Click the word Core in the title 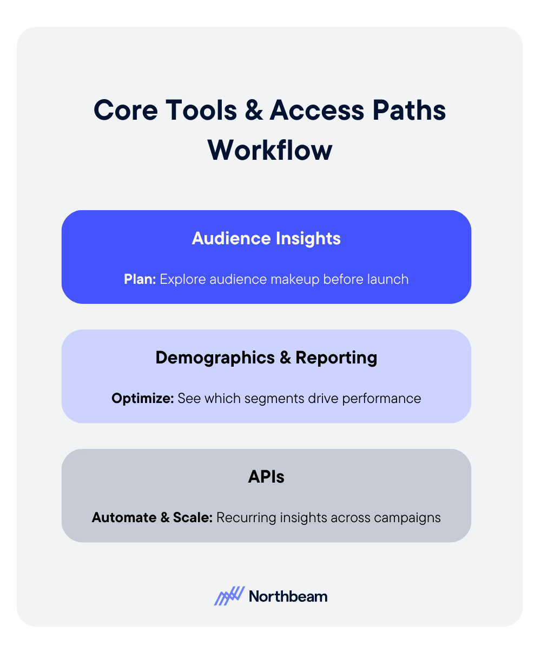[x=125, y=111]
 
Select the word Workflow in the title [x=269, y=149]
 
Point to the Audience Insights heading [x=266, y=238]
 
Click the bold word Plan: [x=140, y=279]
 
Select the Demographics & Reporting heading [x=266, y=357]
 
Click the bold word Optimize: [x=143, y=399]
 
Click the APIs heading [x=266, y=477]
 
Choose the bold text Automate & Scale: [x=153, y=517]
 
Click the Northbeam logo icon [x=229, y=596]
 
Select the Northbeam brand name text [x=288, y=596]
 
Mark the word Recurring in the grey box [x=246, y=517]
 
